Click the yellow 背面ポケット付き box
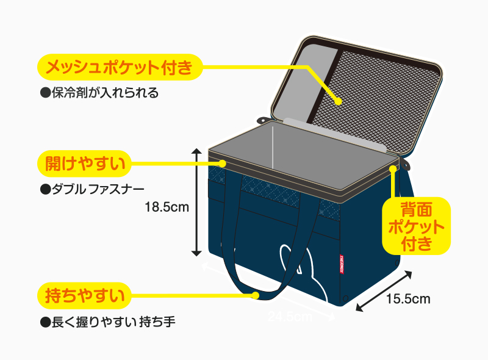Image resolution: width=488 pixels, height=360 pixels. pyautogui.click(x=416, y=226)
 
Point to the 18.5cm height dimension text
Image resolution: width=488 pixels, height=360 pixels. pyautogui.click(x=167, y=207)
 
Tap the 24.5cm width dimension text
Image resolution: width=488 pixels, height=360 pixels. pyautogui.click(x=290, y=317)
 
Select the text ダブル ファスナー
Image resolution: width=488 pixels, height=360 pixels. pyautogui.click(x=100, y=189)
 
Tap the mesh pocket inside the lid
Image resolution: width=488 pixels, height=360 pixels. pyautogui.click(x=378, y=92)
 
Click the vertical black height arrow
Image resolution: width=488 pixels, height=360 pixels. pyautogui.click(x=196, y=201)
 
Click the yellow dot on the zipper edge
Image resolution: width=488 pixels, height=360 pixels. pyautogui.click(x=223, y=164)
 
